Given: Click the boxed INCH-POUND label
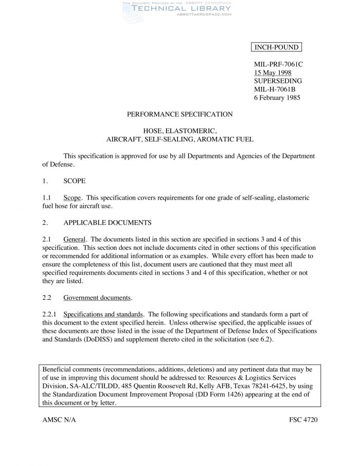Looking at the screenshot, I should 276,48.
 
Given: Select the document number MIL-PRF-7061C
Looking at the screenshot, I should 279,64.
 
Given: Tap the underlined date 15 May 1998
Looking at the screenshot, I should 273,73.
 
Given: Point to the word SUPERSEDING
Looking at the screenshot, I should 278,81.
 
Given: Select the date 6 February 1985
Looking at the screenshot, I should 277,97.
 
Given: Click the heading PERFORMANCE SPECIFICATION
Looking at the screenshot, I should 179,114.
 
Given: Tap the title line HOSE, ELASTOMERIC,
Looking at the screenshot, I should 179,131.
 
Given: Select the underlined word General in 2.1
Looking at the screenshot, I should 75,239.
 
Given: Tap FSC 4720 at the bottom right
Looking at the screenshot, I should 303,420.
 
